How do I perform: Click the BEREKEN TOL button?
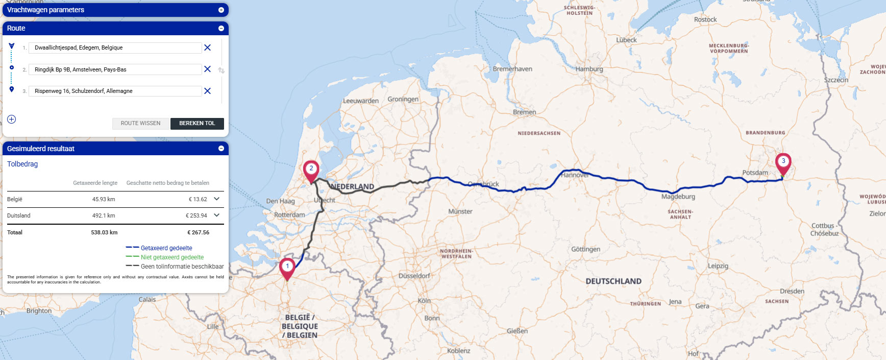[197, 123]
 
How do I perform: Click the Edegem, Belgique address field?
[115, 47]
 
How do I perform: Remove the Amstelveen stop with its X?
[207, 69]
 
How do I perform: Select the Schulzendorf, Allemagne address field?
[115, 91]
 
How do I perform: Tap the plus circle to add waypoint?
[12, 119]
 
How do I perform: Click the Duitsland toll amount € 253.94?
[196, 215]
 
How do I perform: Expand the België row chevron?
[217, 199]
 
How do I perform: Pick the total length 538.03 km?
[104, 232]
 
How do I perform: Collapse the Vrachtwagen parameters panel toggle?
[221, 10]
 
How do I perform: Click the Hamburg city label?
[589, 69]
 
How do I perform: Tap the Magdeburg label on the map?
[678, 197]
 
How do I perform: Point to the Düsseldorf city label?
[414, 276]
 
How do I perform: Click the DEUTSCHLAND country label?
[613, 281]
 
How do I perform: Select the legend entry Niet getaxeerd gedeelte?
[172, 257]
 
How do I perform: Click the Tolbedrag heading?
[22, 164]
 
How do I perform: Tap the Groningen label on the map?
[403, 99]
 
